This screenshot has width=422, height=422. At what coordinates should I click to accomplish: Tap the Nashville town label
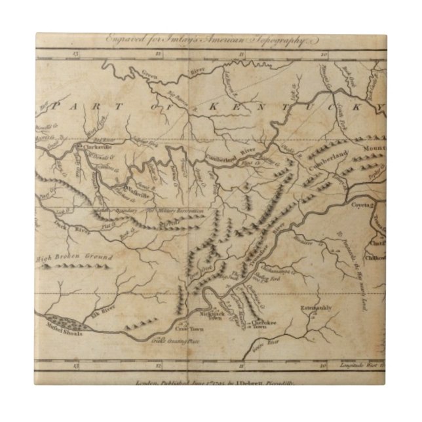(x=139, y=187)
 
